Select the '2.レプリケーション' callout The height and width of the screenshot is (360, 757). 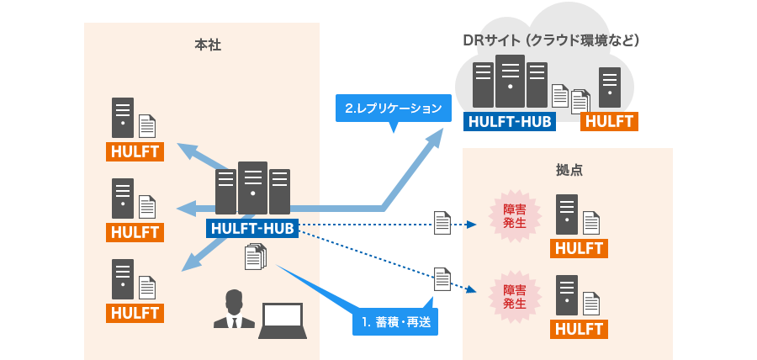(x=393, y=108)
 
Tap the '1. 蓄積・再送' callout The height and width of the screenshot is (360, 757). (x=394, y=321)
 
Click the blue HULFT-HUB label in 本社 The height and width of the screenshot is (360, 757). (x=252, y=227)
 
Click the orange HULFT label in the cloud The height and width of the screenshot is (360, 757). (x=609, y=121)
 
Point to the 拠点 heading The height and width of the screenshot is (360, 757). (x=569, y=169)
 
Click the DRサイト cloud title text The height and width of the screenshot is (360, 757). (x=552, y=40)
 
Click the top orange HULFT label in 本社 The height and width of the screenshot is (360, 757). (x=135, y=151)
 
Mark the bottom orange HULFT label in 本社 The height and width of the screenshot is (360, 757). (x=135, y=312)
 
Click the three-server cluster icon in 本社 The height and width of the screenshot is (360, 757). (x=252, y=188)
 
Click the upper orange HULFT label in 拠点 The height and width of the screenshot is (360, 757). (x=580, y=248)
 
